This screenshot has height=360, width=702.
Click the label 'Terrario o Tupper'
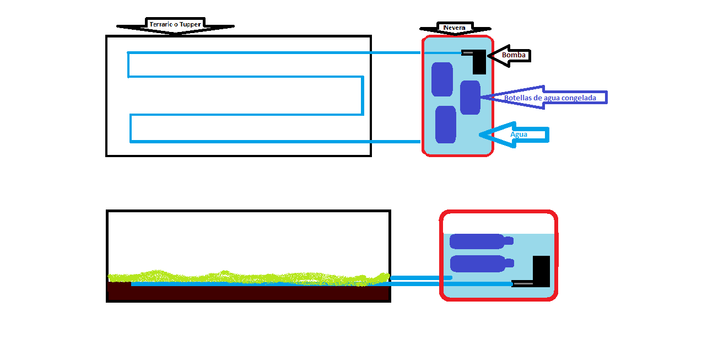(x=175, y=24)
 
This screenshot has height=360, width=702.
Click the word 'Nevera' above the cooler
(x=454, y=28)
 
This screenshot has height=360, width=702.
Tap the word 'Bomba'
(x=514, y=55)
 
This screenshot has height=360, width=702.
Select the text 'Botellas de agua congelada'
(x=550, y=98)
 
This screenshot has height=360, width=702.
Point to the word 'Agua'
(x=519, y=134)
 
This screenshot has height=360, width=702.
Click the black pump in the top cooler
(x=479, y=62)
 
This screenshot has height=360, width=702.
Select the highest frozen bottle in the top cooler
(x=442, y=79)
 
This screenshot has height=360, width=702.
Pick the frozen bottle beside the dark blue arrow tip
(x=470, y=98)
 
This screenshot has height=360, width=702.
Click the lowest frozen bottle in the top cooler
(x=446, y=125)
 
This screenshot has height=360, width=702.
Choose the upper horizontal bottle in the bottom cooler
(x=477, y=241)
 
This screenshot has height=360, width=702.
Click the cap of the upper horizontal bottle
(x=509, y=241)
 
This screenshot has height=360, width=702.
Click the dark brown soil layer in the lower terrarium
(x=248, y=293)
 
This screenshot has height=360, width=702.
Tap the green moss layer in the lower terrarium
(x=248, y=277)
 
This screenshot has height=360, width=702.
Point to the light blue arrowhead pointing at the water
(x=488, y=134)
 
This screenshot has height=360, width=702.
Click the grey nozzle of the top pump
(x=467, y=53)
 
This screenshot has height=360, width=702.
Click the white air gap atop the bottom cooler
(x=498, y=223)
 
